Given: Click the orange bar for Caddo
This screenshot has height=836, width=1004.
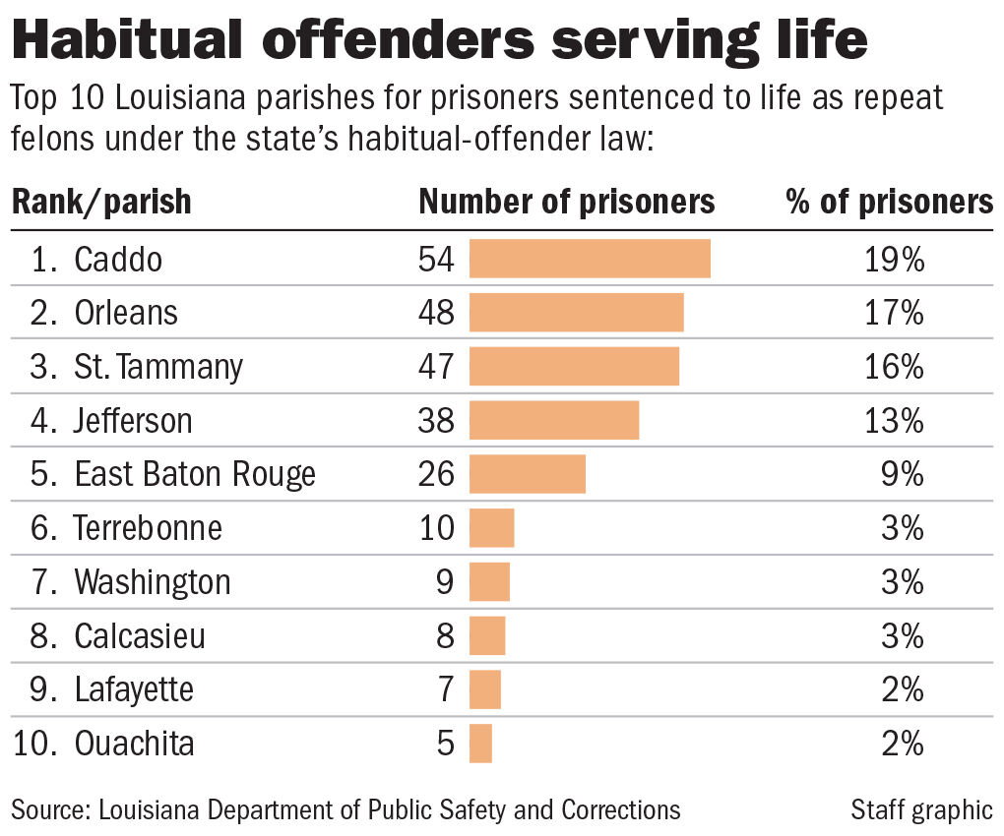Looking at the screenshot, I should point(590,259).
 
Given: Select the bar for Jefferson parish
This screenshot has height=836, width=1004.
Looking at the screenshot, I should point(554,421).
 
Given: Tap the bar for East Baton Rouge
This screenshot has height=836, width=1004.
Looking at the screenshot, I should point(528,474).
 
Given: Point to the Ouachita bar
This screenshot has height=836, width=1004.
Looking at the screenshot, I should point(480,743).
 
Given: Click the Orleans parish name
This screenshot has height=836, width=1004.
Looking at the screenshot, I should point(126,313).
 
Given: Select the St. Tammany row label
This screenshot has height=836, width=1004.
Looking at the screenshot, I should point(158,367).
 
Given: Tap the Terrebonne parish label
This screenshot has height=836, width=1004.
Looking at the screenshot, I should point(148,528).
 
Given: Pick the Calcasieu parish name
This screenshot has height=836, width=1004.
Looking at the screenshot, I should point(140,635).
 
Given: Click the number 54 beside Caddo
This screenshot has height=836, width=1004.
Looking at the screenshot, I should point(437,260).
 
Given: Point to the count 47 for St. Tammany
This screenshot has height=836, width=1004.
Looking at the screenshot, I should point(437,367).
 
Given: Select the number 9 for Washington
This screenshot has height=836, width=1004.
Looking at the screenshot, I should point(445,582).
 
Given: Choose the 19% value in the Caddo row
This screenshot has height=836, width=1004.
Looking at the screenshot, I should point(895,260).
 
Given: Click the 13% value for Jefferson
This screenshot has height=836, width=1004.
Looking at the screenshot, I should point(895,421).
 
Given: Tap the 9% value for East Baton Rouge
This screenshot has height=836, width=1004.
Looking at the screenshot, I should point(904,474).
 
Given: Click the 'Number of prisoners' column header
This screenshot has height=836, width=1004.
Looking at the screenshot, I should point(567,202).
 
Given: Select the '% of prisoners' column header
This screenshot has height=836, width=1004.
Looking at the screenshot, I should point(889,202).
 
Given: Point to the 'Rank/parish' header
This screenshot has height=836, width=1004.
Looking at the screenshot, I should point(101,202).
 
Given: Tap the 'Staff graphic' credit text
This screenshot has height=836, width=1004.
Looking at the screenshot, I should point(921,809).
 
